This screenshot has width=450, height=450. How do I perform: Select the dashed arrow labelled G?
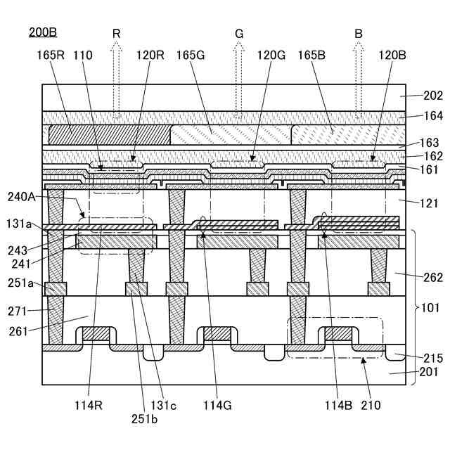coord(239,77)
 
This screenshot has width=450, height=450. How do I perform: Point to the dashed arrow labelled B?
coord(359,77)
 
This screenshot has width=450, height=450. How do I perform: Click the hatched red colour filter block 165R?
coord(109,134)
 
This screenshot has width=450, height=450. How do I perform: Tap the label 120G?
coord(271,55)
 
